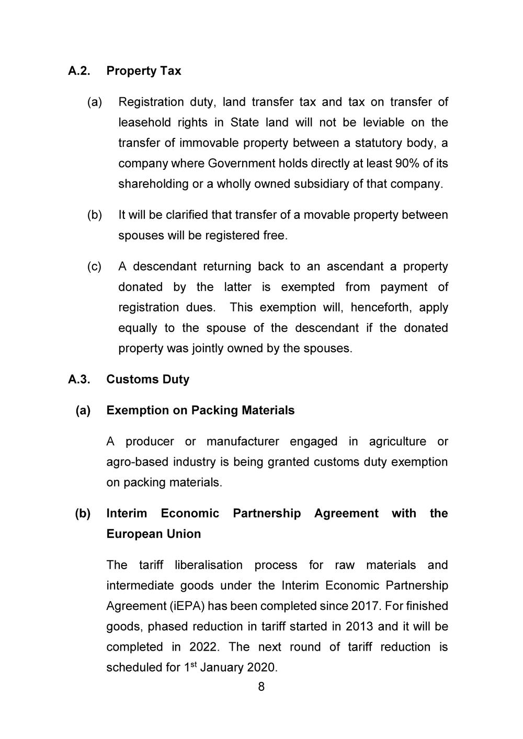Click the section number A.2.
(79, 71)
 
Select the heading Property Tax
(143, 71)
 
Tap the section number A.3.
(79, 379)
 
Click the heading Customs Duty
(147, 379)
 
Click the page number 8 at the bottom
(261, 687)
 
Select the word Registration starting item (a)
(151, 102)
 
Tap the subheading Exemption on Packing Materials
(200, 410)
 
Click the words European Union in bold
(153, 534)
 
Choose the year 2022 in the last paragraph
(203, 647)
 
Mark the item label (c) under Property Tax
(94, 267)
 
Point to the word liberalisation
(209, 565)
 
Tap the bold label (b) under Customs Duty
(83, 514)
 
